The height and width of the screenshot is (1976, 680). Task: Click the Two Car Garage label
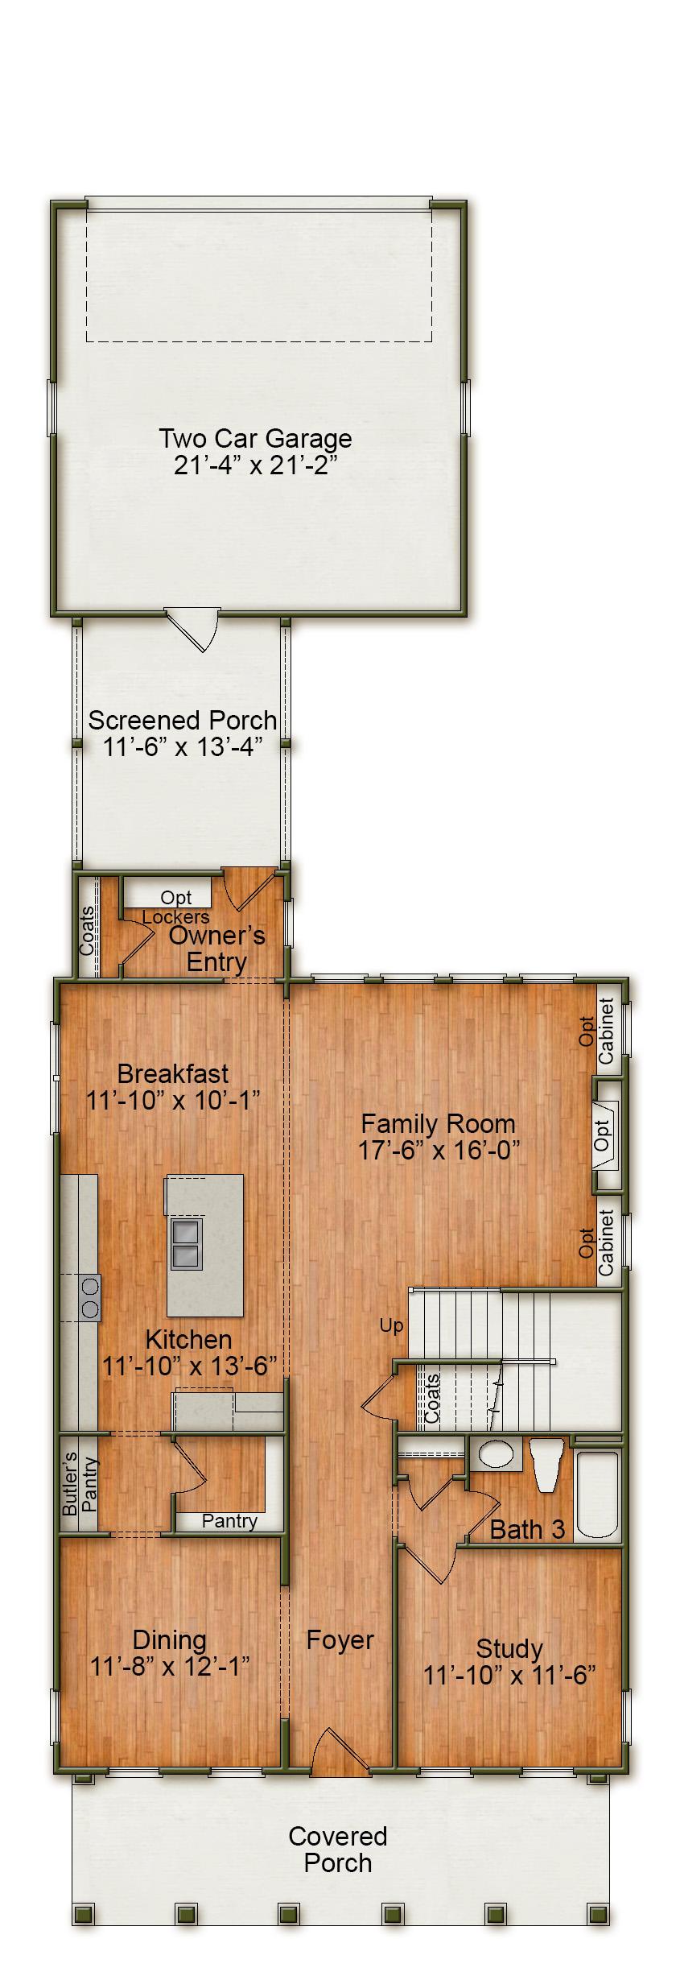click(255, 439)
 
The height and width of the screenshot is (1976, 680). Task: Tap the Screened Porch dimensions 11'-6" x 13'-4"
click(183, 746)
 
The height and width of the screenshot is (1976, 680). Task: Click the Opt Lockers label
click(176, 907)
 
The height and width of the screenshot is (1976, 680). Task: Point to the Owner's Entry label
click(216, 949)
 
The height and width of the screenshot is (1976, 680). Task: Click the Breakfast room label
click(173, 1073)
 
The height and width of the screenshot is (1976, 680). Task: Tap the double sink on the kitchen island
click(184, 1243)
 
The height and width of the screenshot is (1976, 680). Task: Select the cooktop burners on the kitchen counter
click(89, 1297)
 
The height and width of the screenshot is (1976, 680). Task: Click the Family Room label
click(438, 1124)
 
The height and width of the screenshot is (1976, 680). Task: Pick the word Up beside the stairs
click(391, 1325)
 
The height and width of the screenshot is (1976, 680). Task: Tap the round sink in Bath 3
click(495, 1453)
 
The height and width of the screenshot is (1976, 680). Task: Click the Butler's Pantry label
click(78, 1485)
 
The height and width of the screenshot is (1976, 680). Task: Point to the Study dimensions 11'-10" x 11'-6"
click(509, 1676)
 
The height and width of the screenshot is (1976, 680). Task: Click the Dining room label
click(170, 1640)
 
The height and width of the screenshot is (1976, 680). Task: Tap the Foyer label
click(340, 1640)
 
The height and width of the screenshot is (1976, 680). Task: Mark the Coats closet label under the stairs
click(432, 1399)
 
